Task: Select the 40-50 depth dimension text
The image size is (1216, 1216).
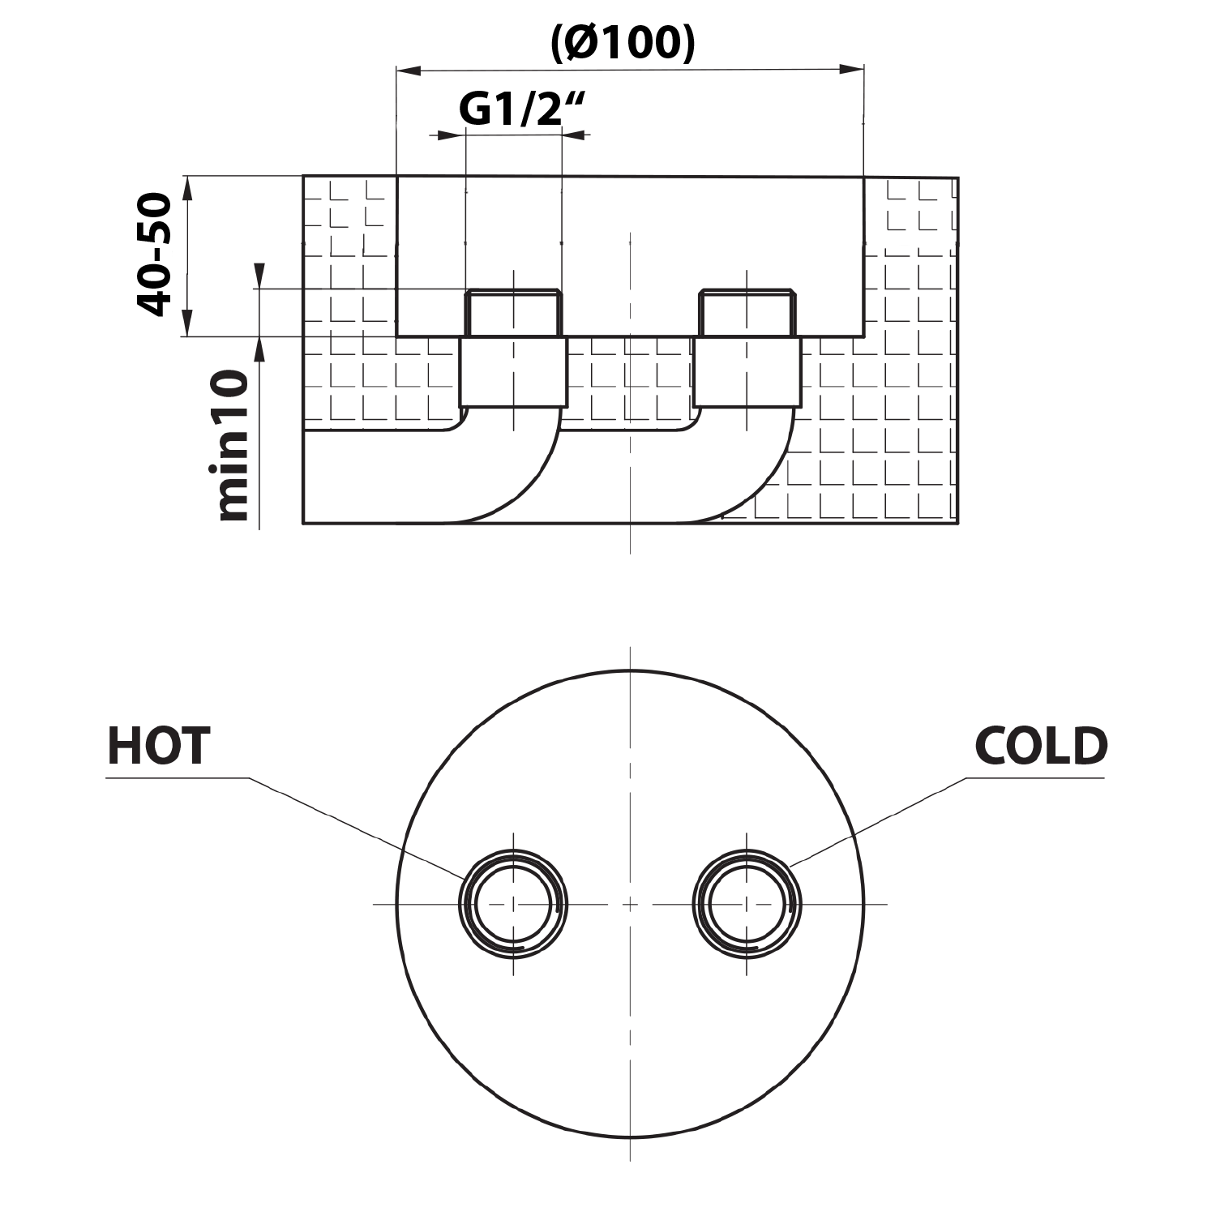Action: click(x=154, y=255)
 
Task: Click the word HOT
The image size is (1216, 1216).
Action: click(x=159, y=746)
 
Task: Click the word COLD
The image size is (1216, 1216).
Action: click(x=1041, y=746)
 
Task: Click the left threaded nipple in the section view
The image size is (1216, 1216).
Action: click(x=512, y=313)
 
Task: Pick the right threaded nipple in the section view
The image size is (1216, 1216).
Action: click(x=747, y=313)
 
